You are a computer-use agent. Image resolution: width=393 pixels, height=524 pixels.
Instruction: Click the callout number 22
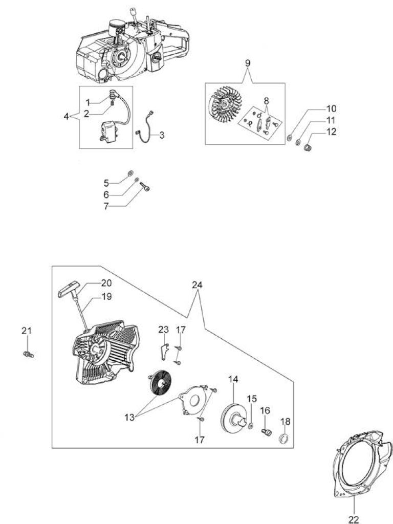[354, 519]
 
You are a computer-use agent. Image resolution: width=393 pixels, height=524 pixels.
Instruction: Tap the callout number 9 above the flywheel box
[247, 63]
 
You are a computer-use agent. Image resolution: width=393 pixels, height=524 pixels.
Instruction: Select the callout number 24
[197, 285]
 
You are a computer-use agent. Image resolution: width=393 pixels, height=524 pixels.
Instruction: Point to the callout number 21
[27, 331]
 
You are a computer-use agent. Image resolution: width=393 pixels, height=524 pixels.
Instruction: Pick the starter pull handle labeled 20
[70, 289]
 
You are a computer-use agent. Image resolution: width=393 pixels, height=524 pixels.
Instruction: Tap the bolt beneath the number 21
[29, 354]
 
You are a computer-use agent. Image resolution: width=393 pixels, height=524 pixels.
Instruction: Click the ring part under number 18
[284, 438]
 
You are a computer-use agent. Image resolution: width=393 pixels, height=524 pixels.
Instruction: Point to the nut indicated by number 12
[308, 147]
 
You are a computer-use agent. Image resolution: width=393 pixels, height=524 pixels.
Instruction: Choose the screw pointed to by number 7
[145, 186]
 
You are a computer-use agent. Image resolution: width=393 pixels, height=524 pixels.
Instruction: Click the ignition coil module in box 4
[108, 131]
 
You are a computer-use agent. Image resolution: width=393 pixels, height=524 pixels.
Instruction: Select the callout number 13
[129, 418]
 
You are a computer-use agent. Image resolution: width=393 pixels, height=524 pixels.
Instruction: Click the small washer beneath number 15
[251, 425]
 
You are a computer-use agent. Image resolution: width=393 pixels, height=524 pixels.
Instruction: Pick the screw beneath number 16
[266, 432]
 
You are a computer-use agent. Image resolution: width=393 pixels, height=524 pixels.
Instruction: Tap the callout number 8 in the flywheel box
[266, 101]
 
